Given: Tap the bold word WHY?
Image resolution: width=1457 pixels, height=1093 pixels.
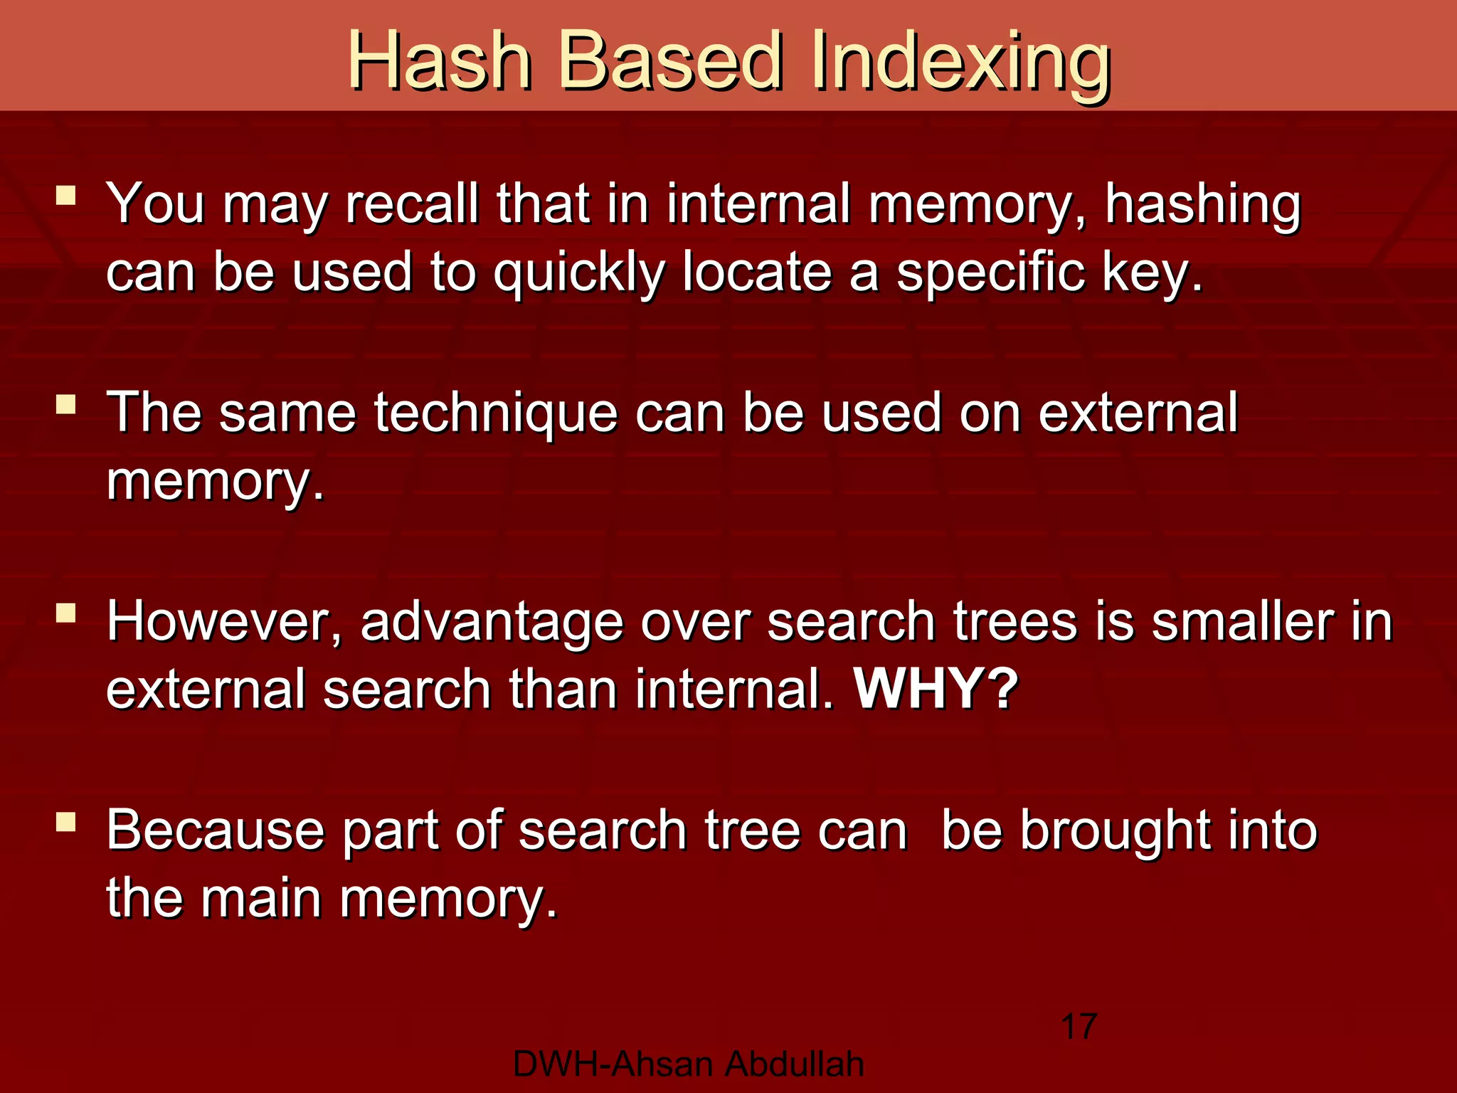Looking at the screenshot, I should click(936, 689).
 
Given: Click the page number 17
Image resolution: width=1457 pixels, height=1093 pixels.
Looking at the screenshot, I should click(1079, 1027).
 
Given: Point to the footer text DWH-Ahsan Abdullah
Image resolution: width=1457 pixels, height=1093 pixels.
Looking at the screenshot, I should click(688, 1065).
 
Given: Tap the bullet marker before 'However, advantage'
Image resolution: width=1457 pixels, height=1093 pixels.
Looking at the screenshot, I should click(66, 613).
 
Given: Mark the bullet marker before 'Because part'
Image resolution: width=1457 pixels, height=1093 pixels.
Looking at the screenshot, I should click(66, 822).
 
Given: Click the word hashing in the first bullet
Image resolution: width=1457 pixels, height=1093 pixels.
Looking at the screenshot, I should click(1202, 205).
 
